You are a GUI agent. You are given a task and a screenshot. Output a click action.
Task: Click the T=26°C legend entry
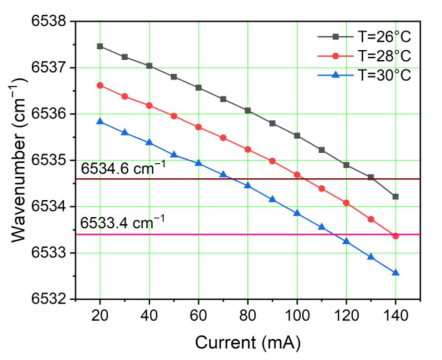coord(364,37)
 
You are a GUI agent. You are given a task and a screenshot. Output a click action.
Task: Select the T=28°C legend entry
coord(364,55)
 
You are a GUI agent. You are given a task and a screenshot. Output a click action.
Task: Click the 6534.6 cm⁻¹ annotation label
coord(123,169)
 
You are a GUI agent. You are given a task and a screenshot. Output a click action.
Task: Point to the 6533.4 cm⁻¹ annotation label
coord(123,224)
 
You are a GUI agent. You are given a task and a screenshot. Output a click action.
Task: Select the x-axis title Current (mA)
coord(248,342)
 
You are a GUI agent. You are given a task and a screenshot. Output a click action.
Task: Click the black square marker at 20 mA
coord(100,46)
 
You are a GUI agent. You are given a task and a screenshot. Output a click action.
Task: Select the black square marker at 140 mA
coord(395,196)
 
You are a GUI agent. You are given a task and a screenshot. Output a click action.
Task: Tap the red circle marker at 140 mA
coord(395,236)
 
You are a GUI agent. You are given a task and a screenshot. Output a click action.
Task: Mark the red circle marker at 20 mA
coord(100,85)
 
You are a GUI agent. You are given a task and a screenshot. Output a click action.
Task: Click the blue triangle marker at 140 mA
coord(395,273)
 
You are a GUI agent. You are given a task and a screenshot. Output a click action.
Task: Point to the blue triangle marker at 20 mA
coord(100,121)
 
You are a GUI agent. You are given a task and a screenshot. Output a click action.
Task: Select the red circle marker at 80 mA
coord(248,149)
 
